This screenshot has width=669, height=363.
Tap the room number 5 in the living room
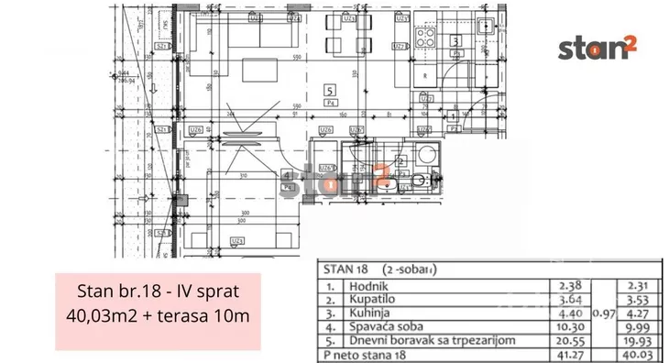tap(330, 90)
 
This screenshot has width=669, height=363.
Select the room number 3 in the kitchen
tap(455, 40)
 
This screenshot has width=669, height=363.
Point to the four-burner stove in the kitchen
tap(426, 38)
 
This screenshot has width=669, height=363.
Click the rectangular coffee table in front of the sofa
tap(258, 70)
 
